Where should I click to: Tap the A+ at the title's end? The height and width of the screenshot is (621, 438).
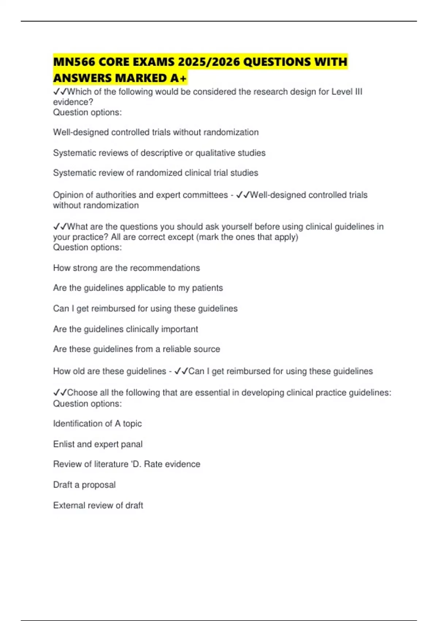[178, 78]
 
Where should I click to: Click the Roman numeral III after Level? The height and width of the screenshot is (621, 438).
[358, 92]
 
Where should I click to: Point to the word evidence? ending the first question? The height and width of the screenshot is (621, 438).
[73, 102]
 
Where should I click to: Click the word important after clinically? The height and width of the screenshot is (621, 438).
[180, 329]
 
